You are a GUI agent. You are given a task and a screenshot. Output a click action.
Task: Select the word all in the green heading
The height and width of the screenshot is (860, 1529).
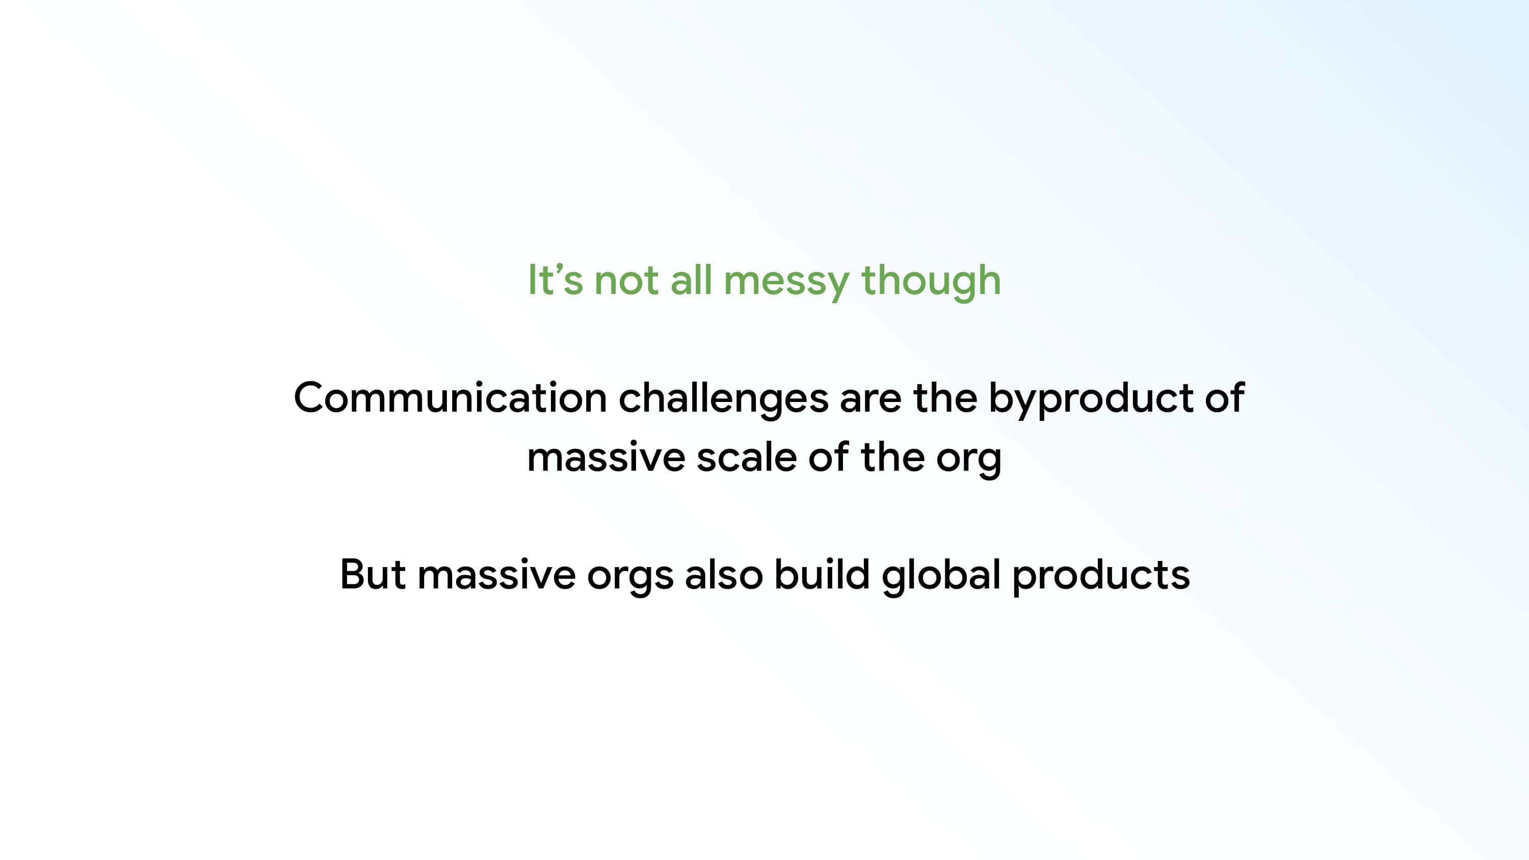691,280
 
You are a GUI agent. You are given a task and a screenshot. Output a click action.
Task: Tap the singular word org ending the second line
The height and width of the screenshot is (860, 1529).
969,461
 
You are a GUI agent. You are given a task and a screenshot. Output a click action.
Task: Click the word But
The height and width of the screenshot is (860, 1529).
373,575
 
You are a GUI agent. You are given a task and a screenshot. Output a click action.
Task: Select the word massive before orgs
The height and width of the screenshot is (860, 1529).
497,575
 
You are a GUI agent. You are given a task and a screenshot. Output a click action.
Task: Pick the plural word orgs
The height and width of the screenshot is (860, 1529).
630,579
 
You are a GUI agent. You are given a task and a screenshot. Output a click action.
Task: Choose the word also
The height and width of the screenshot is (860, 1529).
724,575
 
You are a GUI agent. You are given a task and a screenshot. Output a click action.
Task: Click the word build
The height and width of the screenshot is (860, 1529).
822,575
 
